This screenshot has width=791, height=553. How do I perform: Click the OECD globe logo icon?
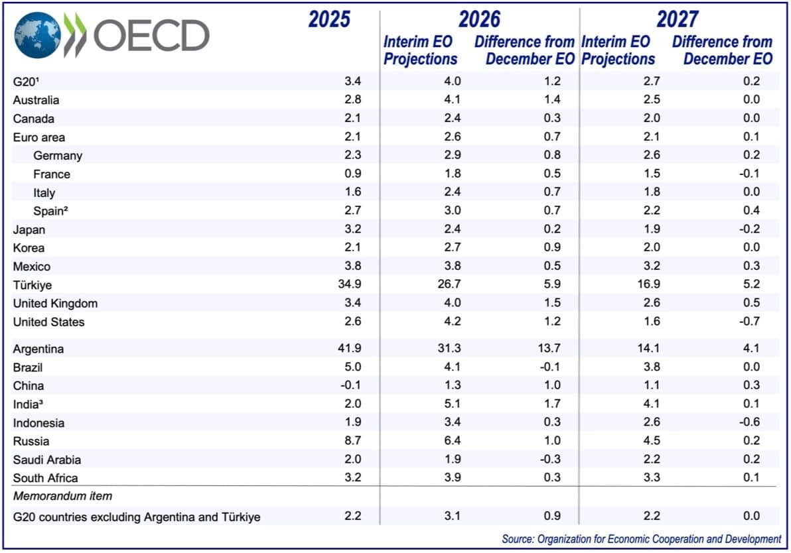pyautogui.click(x=37, y=34)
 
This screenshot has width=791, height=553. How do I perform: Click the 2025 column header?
pyautogui.click(x=329, y=19)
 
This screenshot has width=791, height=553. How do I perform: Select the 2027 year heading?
pyautogui.click(x=678, y=19)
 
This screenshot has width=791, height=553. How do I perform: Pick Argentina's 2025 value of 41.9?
pyautogui.click(x=349, y=349)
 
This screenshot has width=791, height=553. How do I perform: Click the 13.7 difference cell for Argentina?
pyautogui.click(x=547, y=349)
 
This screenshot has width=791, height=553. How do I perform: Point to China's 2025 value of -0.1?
pyautogui.click(x=351, y=386)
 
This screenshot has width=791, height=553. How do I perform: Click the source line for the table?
pyautogui.click(x=641, y=539)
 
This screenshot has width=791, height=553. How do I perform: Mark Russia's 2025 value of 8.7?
pyautogui.click(x=352, y=441)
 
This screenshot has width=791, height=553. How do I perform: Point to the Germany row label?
pyautogui.click(x=57, y=156)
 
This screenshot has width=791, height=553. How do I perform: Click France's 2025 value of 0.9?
pyautogui.click(x=352, y=174)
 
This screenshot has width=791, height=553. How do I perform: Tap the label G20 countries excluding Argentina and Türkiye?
pyautogui.click(x=137, y=517)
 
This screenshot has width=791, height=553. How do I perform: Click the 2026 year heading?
pyautogui.click(x=479, y=19)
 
